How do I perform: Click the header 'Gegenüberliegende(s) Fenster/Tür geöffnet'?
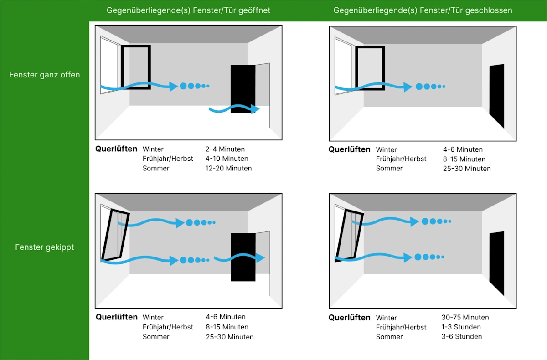[x=188, y=10]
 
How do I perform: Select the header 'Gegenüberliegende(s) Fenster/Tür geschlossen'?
[x=423, y=10]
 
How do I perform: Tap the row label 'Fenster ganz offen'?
[x=45, y=75]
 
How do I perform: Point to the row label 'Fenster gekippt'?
[x=45, y=247]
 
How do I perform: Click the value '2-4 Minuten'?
[x=225, y=149]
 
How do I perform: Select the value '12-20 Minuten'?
[x=228, y=168]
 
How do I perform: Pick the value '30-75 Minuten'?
[x=465, y=317]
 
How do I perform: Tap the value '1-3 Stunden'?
[x=461, y=327]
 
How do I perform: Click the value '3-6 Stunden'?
[x=461, y=336]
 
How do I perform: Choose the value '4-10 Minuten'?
[x=227, y=159]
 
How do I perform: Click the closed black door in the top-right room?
[x=497, y=96]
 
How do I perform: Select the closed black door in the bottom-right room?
[x=497, y=263]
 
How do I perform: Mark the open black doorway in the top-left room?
[x=243, y=88]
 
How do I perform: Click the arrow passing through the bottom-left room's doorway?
[x=240, y=258]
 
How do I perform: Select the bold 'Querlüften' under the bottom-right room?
[x=350, y=318]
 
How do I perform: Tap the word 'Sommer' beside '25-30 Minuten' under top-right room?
[x=389, y=168]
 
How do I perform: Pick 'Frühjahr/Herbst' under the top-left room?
[x=168, y=159]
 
